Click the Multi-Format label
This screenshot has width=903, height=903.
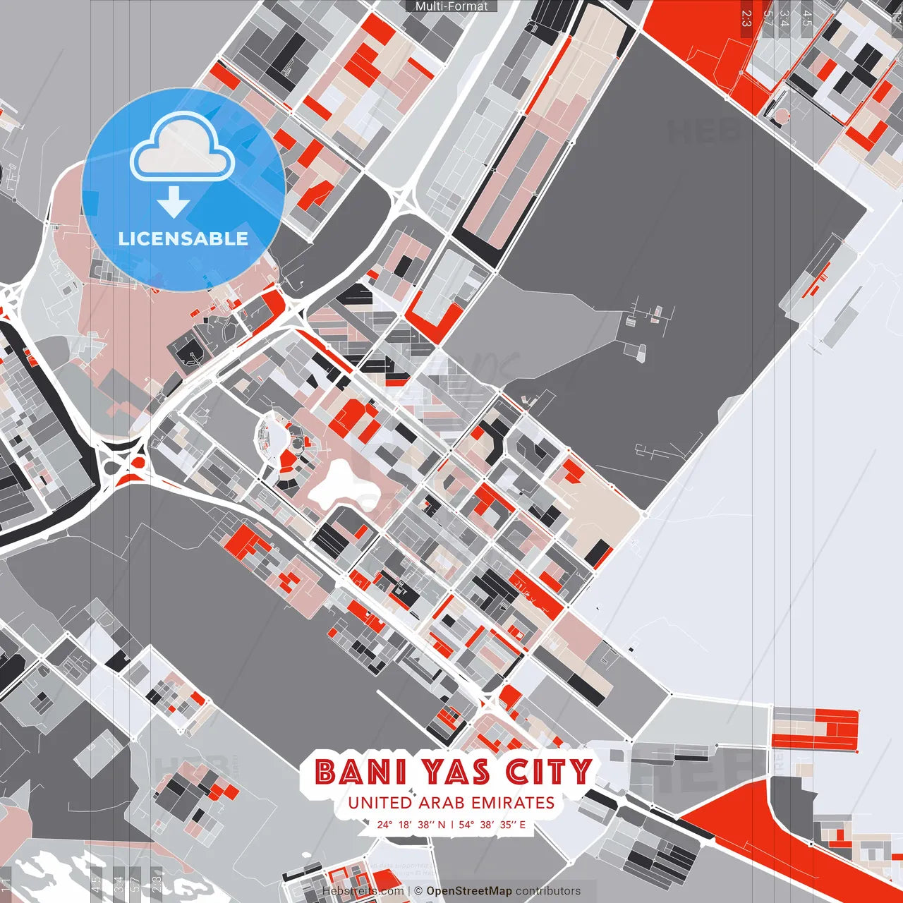pyautogui.click(x=451, y=6)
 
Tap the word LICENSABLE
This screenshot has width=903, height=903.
pyautogui.click(x=183, y=238)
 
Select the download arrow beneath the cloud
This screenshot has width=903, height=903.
pyautogui.click(x=174, y=202)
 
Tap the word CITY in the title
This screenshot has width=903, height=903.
pyautogui.click(x=549, y=772)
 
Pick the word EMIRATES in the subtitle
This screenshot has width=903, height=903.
pyautogui.click(x=514, y=803)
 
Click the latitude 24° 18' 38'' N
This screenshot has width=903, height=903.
pyautogui.click(x=411, y=824)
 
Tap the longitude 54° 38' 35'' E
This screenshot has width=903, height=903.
pyautogui.click(x=492, y=824)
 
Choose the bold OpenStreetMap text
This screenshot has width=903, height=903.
pyautogui.click(x=468, y=891)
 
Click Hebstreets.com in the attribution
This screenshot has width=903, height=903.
pyautogui.click(x=363, y=891)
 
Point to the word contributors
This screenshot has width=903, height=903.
pyautogui.click(x=548, y=891)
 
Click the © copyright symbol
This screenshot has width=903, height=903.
pyautogui.click(x=418, y=891)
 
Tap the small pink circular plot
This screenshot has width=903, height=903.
pyautogui.click(x=782, y=114)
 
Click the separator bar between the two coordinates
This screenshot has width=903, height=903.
pyautogui.click(x=451, y=824)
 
